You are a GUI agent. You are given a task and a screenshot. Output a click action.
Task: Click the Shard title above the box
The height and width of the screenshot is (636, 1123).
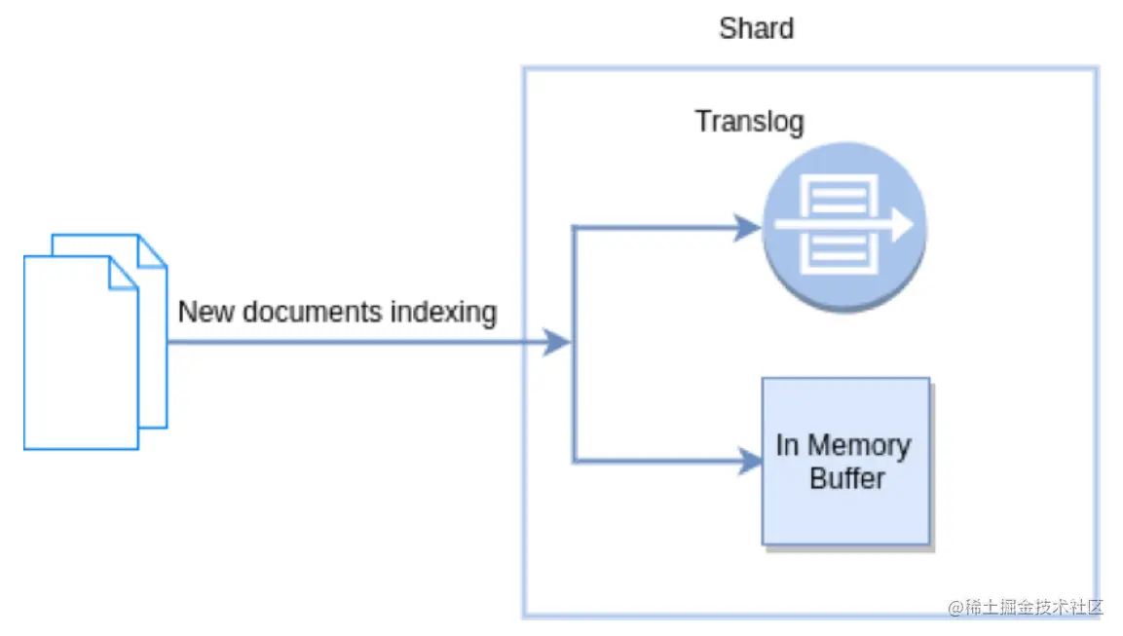[756, 28]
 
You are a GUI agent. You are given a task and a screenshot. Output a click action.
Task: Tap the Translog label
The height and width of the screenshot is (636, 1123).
[749, 122]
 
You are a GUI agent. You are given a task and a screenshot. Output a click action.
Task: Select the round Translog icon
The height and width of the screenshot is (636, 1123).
[843, 227]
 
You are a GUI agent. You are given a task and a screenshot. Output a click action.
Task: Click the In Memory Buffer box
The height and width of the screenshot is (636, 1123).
[845, 461]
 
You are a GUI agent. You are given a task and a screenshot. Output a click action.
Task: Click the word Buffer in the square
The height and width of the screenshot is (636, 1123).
[846, 478]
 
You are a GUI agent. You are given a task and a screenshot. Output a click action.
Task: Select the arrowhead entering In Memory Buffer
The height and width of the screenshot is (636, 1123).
[750, 460]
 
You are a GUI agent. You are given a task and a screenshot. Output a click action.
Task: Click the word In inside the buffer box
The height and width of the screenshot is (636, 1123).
[787, 445]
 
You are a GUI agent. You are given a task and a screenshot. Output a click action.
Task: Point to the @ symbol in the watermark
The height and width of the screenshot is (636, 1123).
[955, 608]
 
